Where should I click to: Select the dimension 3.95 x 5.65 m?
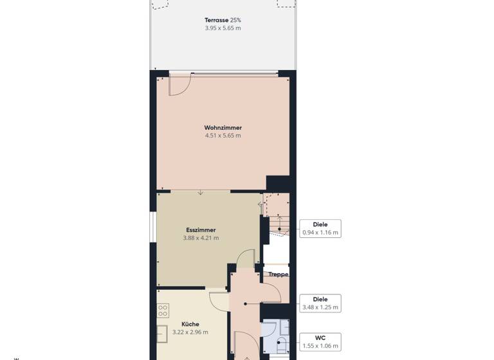(223, 28)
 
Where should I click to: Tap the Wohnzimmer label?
(223, 128)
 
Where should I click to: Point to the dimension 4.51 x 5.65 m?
(223, 136)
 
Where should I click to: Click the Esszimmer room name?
(201, 230)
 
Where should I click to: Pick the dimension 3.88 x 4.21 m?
(201, 238)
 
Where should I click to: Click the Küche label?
(190, 325)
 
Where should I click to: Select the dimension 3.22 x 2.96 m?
(190, 332)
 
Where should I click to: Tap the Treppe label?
(278, 274)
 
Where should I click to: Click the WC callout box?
(320, 342)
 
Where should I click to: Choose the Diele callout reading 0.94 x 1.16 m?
(320, 229)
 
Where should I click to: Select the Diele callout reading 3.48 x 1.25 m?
(320, 303)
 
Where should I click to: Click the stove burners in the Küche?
(163, 310)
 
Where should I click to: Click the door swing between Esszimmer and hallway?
(246, 259)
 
